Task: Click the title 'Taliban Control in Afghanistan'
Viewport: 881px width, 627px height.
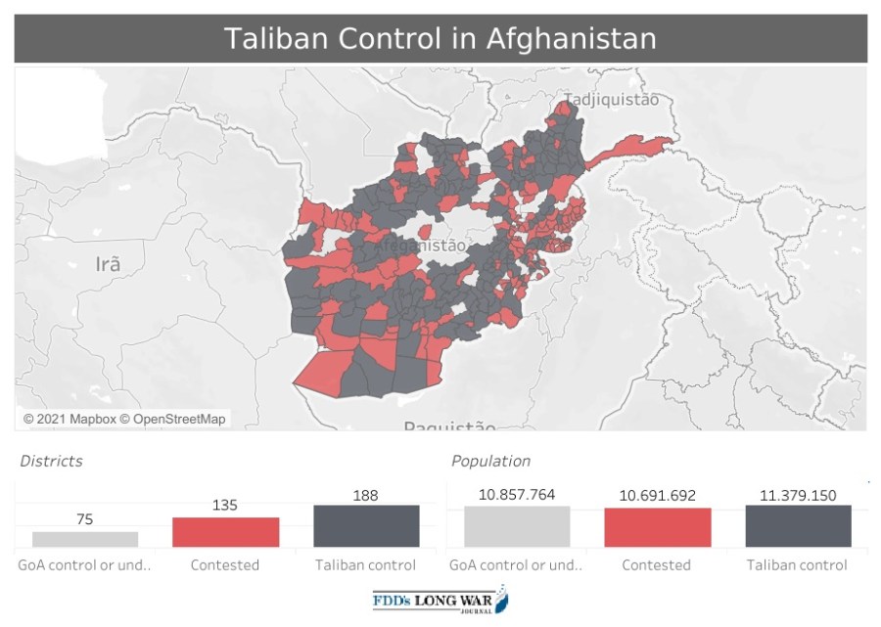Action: tap(440, 38)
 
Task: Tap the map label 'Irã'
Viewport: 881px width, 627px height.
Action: tap(108, 264)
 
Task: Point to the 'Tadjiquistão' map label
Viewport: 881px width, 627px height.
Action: tap(611, 99)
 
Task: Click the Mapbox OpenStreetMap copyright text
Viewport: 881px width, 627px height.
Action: tap(124, 419)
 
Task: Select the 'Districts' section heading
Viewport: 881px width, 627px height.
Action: tap(52, 461)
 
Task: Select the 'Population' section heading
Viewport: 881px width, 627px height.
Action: tap(490, 461)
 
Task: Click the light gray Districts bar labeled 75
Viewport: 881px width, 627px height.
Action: tap(85, 539)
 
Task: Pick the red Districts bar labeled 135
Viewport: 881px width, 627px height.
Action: tap(225, 532)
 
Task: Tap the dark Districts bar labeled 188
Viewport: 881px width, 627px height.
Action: tap(366, 526)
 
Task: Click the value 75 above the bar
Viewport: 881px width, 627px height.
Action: tap(85, 519)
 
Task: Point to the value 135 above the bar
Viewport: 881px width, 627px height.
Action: tap(225, 505)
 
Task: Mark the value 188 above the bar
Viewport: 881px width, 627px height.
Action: tap(366, 495)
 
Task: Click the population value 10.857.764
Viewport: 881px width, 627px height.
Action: tap(517, 495)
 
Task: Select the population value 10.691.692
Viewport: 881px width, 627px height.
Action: tap(657, 496)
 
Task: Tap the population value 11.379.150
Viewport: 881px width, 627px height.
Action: tap(798, 495)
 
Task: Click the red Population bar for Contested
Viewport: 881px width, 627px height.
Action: tap(657, 527)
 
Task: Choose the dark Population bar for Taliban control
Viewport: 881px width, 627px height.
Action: tap(798, 526)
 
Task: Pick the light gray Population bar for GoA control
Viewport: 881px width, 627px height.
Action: tap(517, 527)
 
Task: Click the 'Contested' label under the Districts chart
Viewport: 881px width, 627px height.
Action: tap(225, 565)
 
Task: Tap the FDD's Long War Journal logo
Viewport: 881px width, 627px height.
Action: tap(440, 600)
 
